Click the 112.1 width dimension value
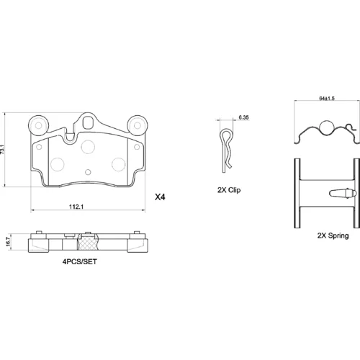76,207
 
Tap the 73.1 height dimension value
2,149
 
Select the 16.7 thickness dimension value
8,241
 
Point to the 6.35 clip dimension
243,117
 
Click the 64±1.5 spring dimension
327,98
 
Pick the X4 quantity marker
160,197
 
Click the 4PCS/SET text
80,261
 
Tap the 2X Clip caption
229,190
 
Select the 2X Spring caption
333,235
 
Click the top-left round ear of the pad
38,125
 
